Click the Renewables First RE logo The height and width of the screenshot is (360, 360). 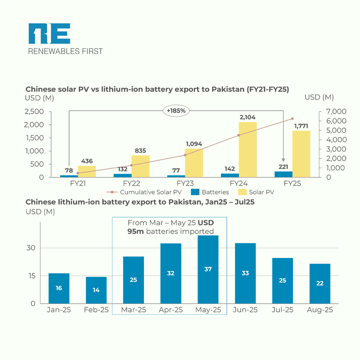point(49,34)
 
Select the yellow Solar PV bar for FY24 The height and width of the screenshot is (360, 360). point(248,149)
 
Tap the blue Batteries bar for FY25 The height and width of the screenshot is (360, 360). point(283,174)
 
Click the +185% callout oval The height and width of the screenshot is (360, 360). point(176,110)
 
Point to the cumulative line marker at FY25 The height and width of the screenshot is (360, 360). point(292,119)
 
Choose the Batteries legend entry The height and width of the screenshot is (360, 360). point(210,192)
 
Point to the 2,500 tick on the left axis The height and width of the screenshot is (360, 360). point(34,111)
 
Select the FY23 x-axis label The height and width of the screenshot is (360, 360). point(185,183)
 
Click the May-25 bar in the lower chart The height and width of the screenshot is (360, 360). point(208,269)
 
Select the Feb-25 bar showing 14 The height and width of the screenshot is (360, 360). point(96,290)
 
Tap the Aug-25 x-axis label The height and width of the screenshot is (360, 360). point(320,310)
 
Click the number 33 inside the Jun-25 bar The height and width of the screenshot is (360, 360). point(245,273)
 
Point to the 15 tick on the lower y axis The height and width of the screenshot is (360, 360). point(32,276)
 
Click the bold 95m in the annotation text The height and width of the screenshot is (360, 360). point(136,231)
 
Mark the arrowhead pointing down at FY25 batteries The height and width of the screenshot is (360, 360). point(284,160)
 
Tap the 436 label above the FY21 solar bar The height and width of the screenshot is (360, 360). point(87,161)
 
